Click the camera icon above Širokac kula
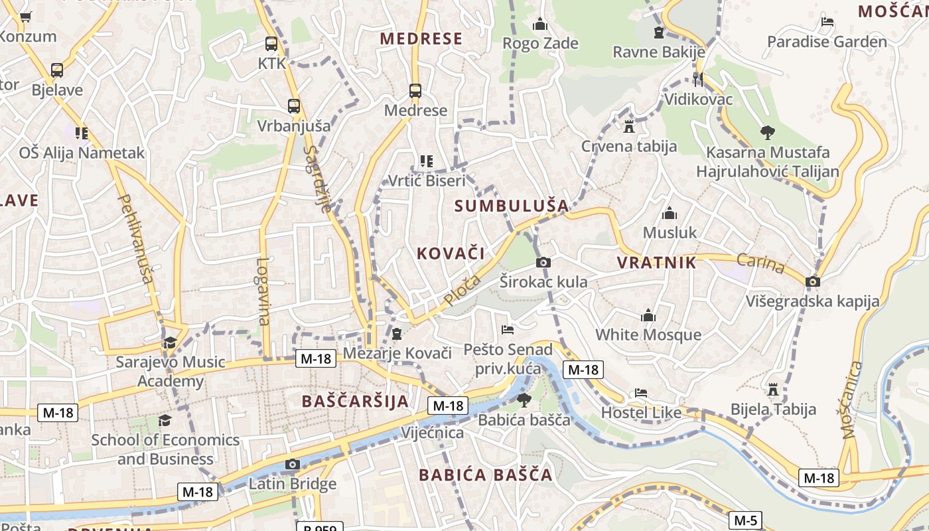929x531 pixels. tap(543, 262)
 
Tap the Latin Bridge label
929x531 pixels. tap(293, 484)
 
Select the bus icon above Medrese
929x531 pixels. tap(415, 91)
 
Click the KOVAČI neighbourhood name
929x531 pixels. tap(451, 253)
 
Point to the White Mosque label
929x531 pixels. tap(648, 335)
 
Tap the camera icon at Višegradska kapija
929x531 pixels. tap(813, 281)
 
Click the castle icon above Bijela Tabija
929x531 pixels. tap(772, 389)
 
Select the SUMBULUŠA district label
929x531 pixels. tap(512, 206)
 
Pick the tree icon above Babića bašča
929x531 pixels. tap(524, 400)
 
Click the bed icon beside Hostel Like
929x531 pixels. tap(640, 393)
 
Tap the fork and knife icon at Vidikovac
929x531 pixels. tap(697, 80)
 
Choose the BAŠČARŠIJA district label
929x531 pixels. tap(355, 402)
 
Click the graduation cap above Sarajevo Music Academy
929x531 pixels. tap(171, 342)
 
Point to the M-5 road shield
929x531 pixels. tap(745, 520)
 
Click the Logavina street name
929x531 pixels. tap(263, 291)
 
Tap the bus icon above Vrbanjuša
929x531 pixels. tap(294, 106)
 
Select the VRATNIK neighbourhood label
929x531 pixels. tap(657, 263)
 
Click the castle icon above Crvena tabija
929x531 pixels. tap(628, 126)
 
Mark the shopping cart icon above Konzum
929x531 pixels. tap(26, 17)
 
